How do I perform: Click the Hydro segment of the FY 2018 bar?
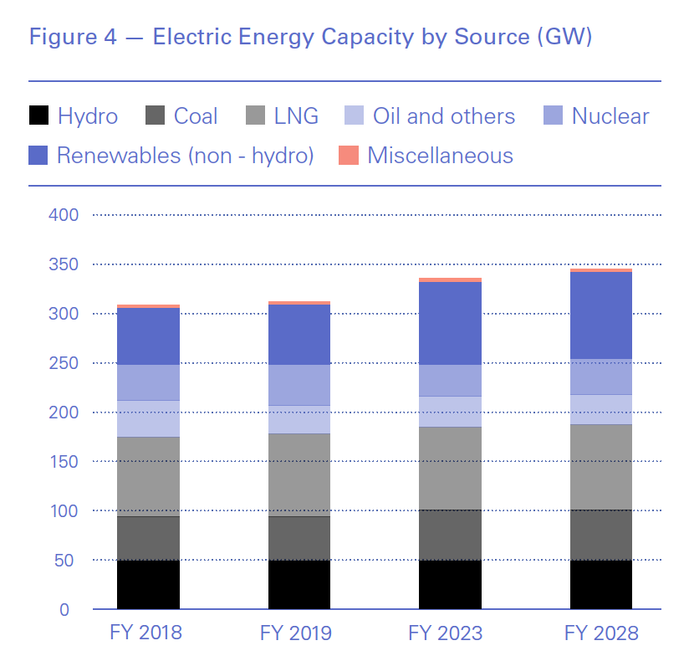tap(148, 584)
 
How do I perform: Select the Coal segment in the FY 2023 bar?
tap(450, 535)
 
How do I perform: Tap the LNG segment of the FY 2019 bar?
tap(299, 474)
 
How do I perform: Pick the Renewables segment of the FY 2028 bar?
tap(601, 315)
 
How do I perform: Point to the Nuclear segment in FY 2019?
tap(299, 385)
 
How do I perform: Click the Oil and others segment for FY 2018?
tap(148, 418)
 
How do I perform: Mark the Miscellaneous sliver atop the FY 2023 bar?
tap(450, 280)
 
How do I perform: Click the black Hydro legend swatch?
tap(38, 116)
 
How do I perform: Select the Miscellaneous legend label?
tap(440, 156)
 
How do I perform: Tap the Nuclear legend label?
tap(610, 116)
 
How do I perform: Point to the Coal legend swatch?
tap(155, 116)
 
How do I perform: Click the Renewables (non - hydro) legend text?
tap(185, 156)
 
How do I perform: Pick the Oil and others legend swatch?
tap(355, 116)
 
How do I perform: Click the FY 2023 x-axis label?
tap(446, 633)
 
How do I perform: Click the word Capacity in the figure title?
tap(339, 38)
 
